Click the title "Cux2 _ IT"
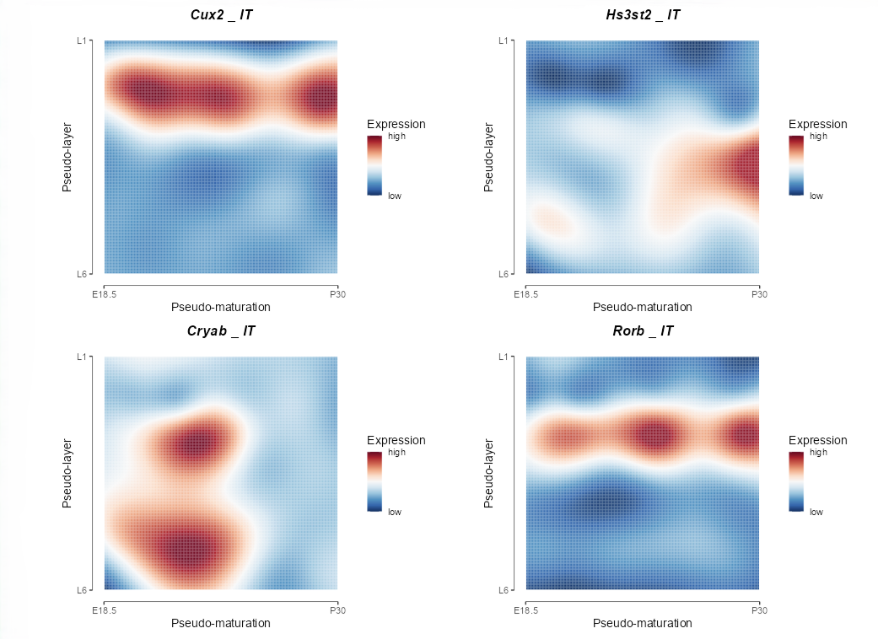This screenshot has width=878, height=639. click(x=221, y=14)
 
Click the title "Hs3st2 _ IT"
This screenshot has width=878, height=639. click(x=643, y=14)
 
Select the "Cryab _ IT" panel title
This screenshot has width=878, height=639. click(x=221, y=331)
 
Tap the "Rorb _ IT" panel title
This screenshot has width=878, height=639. click(x=643, y=331)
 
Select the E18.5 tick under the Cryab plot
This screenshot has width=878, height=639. click(x=104, y=609)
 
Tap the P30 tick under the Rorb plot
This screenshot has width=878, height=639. click(x=759, y=609)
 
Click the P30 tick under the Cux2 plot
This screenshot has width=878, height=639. click(x=337, y=293)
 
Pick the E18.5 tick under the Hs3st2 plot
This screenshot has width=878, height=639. click(x=525, y=293)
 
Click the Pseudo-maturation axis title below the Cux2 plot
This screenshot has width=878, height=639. click(x=221, y=307)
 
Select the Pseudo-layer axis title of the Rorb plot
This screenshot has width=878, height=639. click(x=489, y=473)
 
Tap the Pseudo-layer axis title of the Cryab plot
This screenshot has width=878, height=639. click(x=67, y=473)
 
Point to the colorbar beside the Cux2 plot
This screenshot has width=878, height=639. click(x=374, y=165)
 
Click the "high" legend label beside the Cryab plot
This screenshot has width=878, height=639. click(x=396, y=453)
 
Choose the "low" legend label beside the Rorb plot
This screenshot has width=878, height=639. click(x=816, y=512)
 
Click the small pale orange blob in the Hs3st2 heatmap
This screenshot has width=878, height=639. click(x=552, y=223)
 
